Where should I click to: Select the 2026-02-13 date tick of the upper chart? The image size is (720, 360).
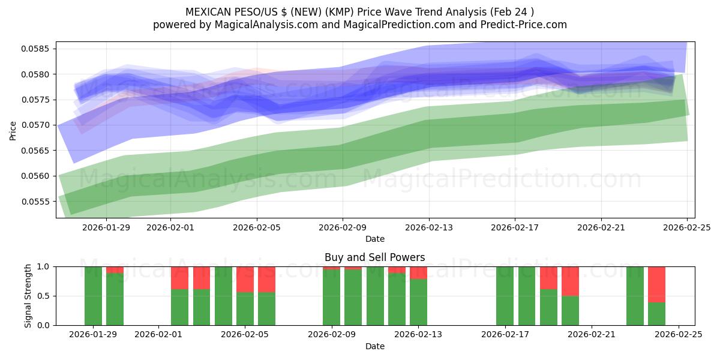pyautogui.click(x=428, y=227)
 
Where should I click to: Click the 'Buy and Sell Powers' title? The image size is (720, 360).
pyautogui.click(x=374, y=257)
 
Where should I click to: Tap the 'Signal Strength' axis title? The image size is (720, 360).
pyautogui.click(x=28, y=296)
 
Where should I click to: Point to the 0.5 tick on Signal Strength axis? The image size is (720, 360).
pyautogui.click(x=46, y=296)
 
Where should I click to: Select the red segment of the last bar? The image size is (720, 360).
pyautogui.click(x=656, y=284)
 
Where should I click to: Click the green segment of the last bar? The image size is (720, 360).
pyautogui.click(x=656, y=313)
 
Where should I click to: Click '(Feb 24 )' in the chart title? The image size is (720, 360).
pyautogui.click(x=512, y=11)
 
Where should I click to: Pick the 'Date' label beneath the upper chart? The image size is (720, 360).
pyautogui.click(x=374, y=239)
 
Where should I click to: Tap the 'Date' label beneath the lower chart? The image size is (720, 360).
pyautogui.click(x=374, y=346)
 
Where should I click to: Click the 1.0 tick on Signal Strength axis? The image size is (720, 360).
pyautogui.click(x=46, y=266)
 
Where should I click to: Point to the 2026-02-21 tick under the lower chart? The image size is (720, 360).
pyautogui.click(x=592, y=335)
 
